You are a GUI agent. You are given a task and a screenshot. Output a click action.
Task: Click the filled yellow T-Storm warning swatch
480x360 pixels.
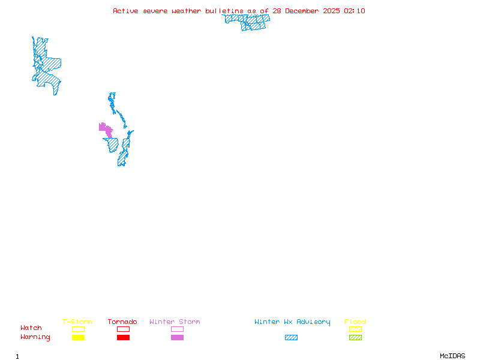click(78, 338)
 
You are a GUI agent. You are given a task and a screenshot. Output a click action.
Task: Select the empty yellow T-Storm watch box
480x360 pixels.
click(78, 329)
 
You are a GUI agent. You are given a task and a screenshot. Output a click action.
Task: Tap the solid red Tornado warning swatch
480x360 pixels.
click(123, 338)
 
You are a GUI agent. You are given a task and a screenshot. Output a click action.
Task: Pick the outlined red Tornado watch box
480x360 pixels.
click(123, 329)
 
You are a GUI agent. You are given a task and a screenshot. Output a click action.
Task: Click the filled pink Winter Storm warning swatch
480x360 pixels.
click(177, 338)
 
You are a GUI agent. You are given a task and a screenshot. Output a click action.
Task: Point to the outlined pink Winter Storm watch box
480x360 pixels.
click(177, 329)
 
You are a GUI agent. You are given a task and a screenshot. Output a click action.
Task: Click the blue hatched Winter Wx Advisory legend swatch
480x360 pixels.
click(291, 338)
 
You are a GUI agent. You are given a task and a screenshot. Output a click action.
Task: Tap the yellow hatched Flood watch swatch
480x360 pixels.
click(355, 329)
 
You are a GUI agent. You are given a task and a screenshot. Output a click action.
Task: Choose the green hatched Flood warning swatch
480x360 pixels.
click(355, 338)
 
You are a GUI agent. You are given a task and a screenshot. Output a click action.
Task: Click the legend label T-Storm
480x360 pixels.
click(77, 322)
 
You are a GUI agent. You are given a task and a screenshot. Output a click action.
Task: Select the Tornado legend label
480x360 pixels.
click(122, 322)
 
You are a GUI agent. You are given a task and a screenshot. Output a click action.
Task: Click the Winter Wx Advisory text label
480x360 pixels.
click(292, 322)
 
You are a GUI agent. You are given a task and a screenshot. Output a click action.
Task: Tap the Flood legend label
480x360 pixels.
click(355, 322)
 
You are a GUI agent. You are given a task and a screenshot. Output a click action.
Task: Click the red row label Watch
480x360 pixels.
click(31, 328)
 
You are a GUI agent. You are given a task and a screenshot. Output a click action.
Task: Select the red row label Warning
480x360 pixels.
click(35, 337)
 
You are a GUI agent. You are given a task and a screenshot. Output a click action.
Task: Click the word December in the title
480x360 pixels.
click(304, 11)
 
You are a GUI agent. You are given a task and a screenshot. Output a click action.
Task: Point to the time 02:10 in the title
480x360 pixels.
click(355, 11)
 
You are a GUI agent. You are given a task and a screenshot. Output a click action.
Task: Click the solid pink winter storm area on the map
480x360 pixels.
click(105, 128)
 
